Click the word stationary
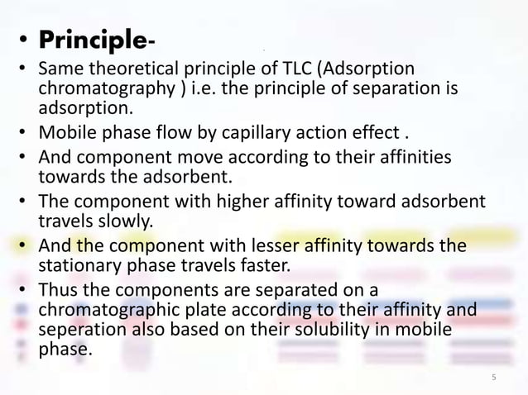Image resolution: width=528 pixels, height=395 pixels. pos(77,266)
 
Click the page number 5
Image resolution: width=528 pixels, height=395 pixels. pos(493,378)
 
